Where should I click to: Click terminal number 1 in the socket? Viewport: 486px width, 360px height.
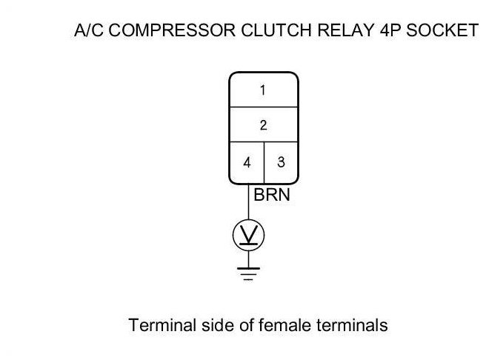pyautogui.click(x=263, y=90)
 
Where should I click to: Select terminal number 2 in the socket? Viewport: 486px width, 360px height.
pyautogui.click(x=263, y=125)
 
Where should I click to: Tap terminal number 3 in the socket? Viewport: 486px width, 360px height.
pyautogui.click(x=281, y=161)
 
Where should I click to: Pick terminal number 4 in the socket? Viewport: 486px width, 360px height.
pyautogui.click(x=247, y=161)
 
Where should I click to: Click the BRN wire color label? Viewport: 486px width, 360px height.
pyautogui.click(x=271, y=196)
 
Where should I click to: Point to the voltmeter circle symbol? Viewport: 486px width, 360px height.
pyautogui.click(x=248, y=236)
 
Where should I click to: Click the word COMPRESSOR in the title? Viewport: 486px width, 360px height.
pyautogui.click(x=159, y=30)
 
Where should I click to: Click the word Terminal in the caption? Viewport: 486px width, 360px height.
pyautogui.click(x=157, y=325)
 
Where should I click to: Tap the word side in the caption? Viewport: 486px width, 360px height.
pyautogui.click(x=207, y=325)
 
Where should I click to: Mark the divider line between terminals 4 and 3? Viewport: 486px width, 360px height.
pyautogui.click(x=264, y=161)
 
